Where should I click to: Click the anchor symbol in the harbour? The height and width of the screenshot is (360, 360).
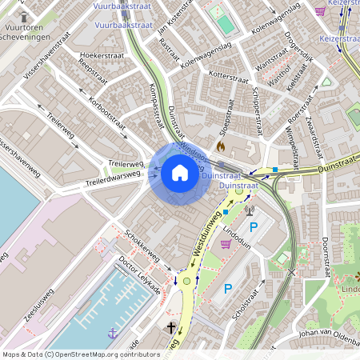(113, 332)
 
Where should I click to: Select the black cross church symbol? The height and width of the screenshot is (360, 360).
(170, 328)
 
